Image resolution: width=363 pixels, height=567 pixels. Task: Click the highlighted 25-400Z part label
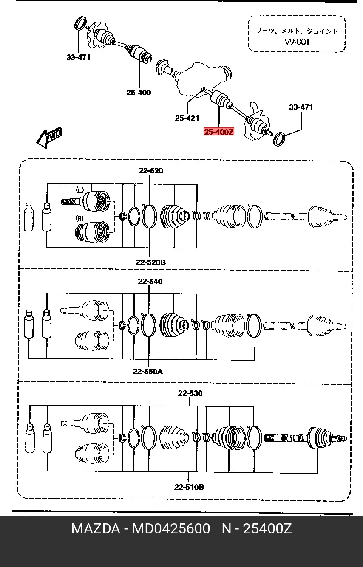pyautogui.click(x=219, y=132)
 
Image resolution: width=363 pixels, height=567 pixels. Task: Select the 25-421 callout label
pyautogui.click(x=187, y=118)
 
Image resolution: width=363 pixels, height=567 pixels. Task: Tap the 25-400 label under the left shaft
pyautogui.click(x=139, y=93)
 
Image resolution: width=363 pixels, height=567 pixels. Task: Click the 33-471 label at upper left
pyautogui.click(x=78, y=57)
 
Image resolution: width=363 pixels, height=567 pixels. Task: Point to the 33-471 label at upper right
pyautogui.click(x=301, y=107)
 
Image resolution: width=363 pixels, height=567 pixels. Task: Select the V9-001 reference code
pyautogui.click(x=297, y=42)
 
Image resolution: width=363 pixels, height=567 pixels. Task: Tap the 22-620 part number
pyautogui.click(x=151, y=171)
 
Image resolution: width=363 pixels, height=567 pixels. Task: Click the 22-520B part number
pyautogui.click(x=150, y=262)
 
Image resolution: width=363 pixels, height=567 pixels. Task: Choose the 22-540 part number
pyautogui.click(x=150, y=282)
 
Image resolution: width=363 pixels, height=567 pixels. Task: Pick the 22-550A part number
pyautogui.click(x=147, y=371)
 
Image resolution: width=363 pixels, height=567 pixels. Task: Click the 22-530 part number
pyautogui.click(x=190, y=393)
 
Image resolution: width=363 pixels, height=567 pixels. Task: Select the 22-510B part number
pyautogui.click(x=189, y=487)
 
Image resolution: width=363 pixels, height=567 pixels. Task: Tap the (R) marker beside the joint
pyautogui.click(x=80, y=218)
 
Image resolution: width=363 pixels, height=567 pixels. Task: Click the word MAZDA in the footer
pyautogui.click(x=96, y=528)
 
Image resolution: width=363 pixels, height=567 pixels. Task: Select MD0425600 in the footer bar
pyautogui.click(x=171, y=528)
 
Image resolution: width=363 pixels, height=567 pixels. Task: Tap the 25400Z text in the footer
pyautogui.click(x=267, y=528)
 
